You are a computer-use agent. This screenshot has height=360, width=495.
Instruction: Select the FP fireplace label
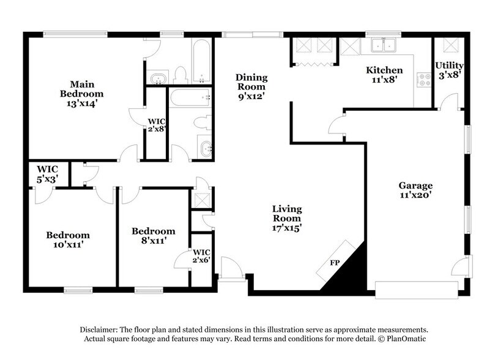pyautogui.click(x=335, y=263)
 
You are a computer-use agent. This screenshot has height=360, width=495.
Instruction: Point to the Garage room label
pyautogui.click(x=415, y=186)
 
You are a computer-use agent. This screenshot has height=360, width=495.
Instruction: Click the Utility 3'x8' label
pyautogui.click(x=449, y=70)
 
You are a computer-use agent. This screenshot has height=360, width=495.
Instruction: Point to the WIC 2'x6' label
pyautogui.click(x=201, y=257)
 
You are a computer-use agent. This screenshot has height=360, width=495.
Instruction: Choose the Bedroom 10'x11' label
pyautogui.click(x=68, y=239)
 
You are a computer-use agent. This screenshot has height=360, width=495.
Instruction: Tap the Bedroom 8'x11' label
pyautogui.click(x=154, y=236)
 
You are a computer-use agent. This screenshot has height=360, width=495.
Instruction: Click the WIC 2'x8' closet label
pyautogui.click(x=157, y=125)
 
